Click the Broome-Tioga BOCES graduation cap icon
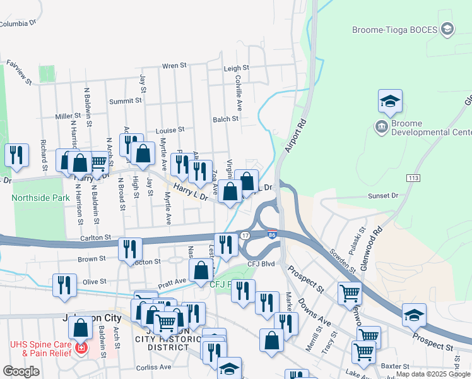(447, 29)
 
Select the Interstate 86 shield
(272, 235)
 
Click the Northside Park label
(40, 198)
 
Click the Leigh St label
(237, 68)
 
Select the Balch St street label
(225, 119)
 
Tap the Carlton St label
(95, 238)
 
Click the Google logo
(21, 371)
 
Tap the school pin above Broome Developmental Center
(390, 101)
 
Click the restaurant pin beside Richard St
(16, 156)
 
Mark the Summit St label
(125, 101)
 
